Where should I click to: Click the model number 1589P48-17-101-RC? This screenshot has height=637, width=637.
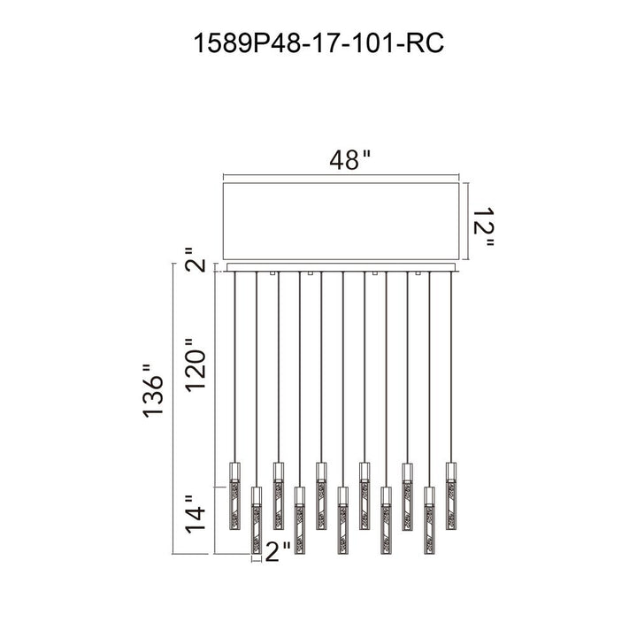(318, 43)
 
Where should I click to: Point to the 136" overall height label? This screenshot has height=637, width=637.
(153, 391)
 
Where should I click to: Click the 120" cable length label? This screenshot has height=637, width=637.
(196, 364)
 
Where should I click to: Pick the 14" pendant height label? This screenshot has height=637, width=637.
(196, 513)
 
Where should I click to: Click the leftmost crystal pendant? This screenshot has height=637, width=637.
(234, 496)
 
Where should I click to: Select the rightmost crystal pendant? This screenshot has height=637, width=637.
(451, 496)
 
